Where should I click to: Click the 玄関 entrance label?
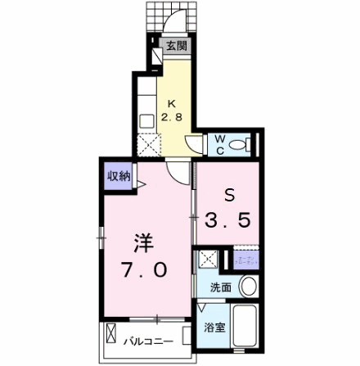click(176, 47)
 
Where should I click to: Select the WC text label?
click(219, 145)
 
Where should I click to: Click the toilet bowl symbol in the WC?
click(239, 146)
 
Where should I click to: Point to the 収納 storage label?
click(118, 175)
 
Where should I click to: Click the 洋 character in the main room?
click(144, 242)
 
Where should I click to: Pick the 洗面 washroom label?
click(220, 287)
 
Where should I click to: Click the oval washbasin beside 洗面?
click(249, 287)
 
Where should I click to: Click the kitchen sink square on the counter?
click(148, 120)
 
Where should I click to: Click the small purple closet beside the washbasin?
click(246, 260)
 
